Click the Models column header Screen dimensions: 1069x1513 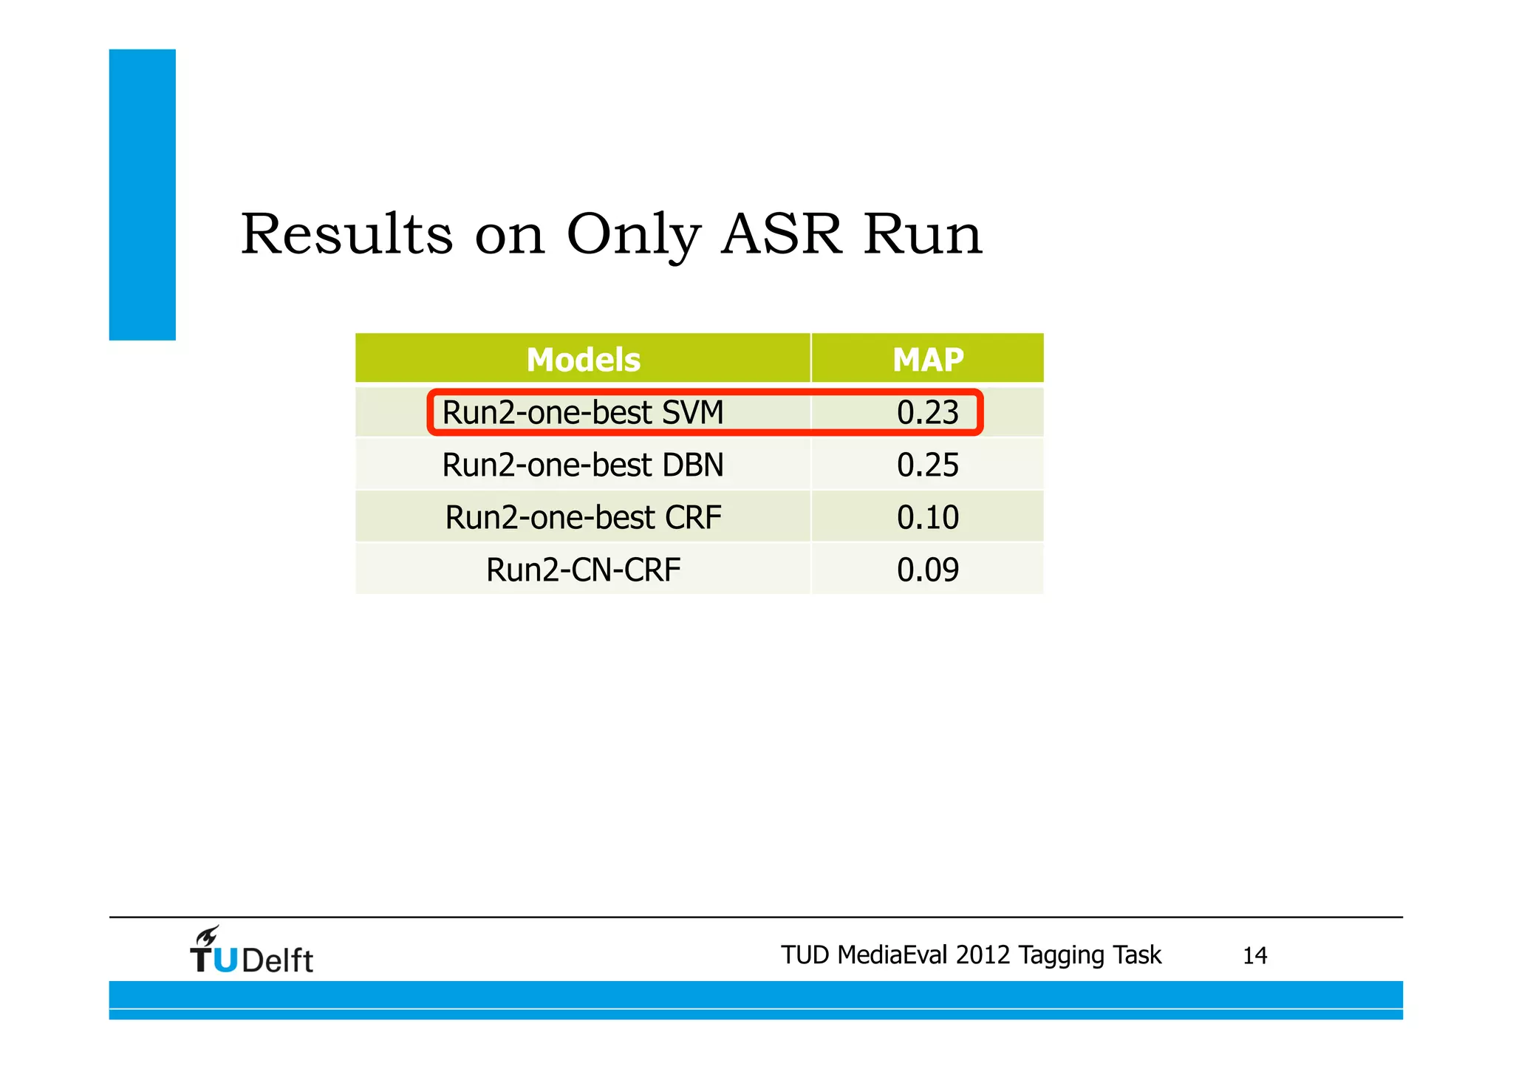pyautogui.click(x=583, y=360)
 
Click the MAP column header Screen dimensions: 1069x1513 pyautogui.click(x=928, y=360)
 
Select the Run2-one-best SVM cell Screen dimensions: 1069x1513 pyautogui.click(x=583, y=412)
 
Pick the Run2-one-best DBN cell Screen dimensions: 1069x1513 pyautogui.click(x=583, y=465)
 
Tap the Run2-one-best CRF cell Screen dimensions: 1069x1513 pyautogui.click(x=583, y=517)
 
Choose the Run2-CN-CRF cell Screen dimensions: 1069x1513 pyautogui.click(x=583, y=570)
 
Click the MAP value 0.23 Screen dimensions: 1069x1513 pyautogui.click(x=928, y=412)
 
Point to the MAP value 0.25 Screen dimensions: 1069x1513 pyautogui.click(x=928, y=465)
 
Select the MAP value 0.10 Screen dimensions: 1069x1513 pyautogui.click(x=928, y=517)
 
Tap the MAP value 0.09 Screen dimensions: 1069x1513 pyautogui.click(x=928, y=570)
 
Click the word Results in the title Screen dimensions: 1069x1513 pyautogui.click(x=346, y=234)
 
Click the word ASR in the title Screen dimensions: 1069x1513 pyautogui.click(x=781, y=234)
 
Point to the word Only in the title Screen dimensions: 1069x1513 pyautogui.click(x=633, y=236)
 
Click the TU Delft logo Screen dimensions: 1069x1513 pyautogui.click(x=251, y=952)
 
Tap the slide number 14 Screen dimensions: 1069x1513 pyautogui.click(x=1254, y=956)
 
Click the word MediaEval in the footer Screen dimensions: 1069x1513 pyautogui.click(x=893, y=955)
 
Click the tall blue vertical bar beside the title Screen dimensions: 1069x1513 pyautogui.click(x=143, y=194)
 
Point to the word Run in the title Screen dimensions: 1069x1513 pyautogui.click(x=923, y=234)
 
